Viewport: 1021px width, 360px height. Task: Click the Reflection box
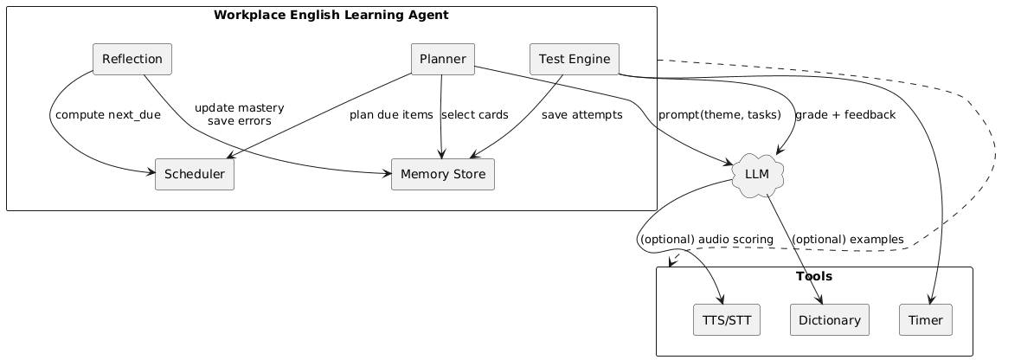point(132,59)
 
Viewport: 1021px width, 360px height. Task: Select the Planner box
point(443,59)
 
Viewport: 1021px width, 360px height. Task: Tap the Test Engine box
point(575,59)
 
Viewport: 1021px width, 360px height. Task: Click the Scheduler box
point(195,174)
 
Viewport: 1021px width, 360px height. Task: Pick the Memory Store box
point(443,174)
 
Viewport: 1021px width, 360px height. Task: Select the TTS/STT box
point(727,320)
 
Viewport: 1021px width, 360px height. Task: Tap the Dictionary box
point(829,320)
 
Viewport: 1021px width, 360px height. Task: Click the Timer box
point(926,320)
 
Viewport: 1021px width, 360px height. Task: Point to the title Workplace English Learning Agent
point(331,15)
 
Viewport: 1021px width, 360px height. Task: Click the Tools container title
point(813,277)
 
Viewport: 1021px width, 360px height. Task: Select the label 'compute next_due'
point(107,115)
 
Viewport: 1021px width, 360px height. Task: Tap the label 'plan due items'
point(391,115)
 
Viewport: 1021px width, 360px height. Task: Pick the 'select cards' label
point(475,115)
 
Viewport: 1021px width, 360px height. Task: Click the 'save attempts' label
point(582,115)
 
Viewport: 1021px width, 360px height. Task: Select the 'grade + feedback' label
point(844,115)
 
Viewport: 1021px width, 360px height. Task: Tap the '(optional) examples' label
point(847,239)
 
